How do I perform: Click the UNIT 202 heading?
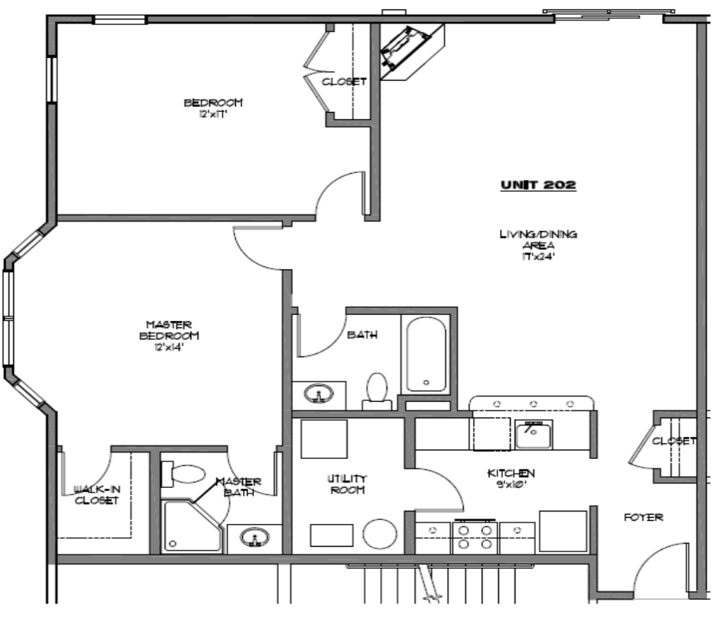coord(538,186)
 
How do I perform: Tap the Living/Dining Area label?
coord(538,244)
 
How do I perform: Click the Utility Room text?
coord(347,484)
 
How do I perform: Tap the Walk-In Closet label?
coord(96,494)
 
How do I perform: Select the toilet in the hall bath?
coord(378,389)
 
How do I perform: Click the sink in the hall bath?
coord(320,394)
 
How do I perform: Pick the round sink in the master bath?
coord(254,538)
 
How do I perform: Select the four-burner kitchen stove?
coord(475,538)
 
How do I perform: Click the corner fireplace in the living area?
coord(409,52)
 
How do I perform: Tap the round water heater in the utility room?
coord(381,536)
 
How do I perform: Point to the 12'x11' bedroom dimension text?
coord(212,114)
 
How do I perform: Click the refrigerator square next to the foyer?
coord(563,532)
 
